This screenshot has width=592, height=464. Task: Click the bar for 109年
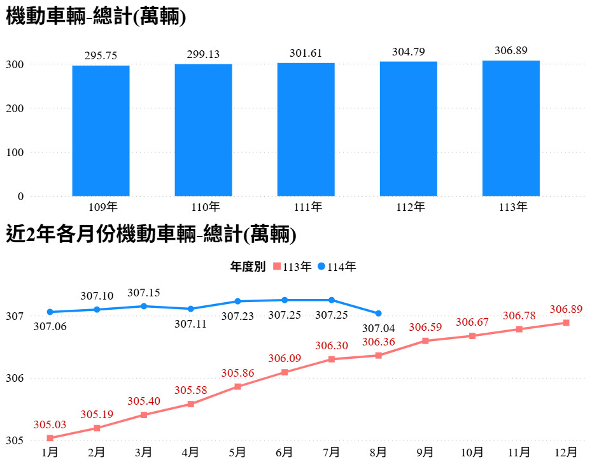[101, 131]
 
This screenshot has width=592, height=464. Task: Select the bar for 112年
[409, 129]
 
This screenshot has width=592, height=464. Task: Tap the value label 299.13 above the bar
[203, 55]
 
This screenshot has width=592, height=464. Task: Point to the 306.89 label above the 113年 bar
[511, 51]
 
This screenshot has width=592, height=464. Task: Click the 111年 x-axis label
[306, 207]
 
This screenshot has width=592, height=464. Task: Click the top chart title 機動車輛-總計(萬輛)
[96, 17]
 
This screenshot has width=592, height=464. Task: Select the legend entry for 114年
[337, 267]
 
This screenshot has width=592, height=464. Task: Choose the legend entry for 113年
[292, 267]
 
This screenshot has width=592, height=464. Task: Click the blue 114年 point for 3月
[144, 306]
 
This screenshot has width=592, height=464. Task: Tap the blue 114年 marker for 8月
[379, 313]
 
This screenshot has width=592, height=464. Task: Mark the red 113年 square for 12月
[567, 323]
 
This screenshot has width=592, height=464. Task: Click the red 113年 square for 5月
[237, 386]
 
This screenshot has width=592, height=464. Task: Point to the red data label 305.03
[50, 424]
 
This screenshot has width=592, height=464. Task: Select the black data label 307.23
[237, 315]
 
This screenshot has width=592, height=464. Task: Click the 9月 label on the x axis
[425, 452]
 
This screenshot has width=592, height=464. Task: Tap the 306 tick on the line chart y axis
[16, 378]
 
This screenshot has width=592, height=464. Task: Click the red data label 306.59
[425, 328]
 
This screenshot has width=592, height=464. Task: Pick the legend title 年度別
[248, 267]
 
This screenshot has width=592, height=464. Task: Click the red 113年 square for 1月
[50, 438]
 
